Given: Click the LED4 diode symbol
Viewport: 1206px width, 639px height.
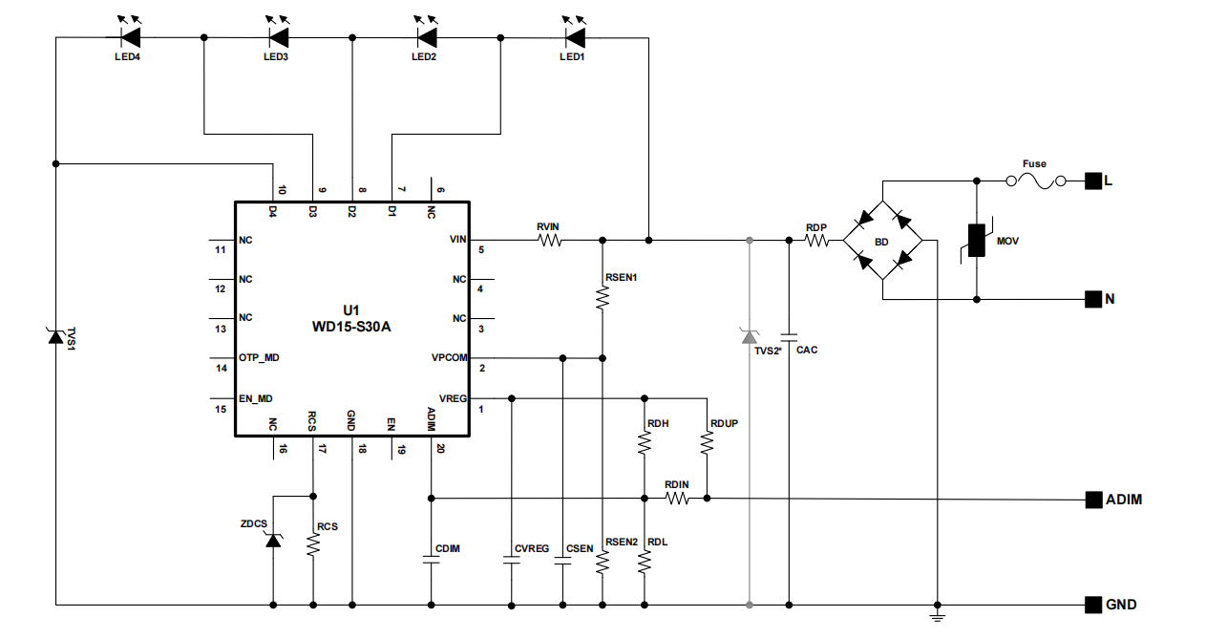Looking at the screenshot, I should [130, 37].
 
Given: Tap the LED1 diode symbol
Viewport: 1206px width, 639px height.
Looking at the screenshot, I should [574, 37].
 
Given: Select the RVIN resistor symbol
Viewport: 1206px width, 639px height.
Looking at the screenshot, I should [549, 241].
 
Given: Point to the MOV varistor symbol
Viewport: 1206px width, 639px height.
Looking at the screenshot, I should [977, 241].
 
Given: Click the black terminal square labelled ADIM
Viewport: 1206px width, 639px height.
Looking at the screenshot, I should [1093, 499].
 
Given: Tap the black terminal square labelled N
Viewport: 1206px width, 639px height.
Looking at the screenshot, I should [1093, 299].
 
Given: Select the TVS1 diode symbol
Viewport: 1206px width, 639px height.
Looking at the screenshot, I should [55, 335].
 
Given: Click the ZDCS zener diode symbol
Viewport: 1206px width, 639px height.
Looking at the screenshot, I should [273, 541].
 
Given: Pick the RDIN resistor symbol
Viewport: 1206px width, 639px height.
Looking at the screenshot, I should [677, 499].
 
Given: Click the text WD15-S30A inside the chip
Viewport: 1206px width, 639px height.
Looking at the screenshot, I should [351, 326].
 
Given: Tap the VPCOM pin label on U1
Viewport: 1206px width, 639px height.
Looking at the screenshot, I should [449, 357].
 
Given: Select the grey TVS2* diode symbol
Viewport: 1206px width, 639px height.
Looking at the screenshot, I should [750, 335].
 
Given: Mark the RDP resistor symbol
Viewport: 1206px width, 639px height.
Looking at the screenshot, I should [816, 241].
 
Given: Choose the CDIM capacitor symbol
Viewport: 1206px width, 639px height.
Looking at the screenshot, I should [431, 562].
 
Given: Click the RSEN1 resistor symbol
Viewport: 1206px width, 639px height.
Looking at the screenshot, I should [603, 299].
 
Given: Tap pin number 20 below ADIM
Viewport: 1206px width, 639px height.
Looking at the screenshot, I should [440, 448].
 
